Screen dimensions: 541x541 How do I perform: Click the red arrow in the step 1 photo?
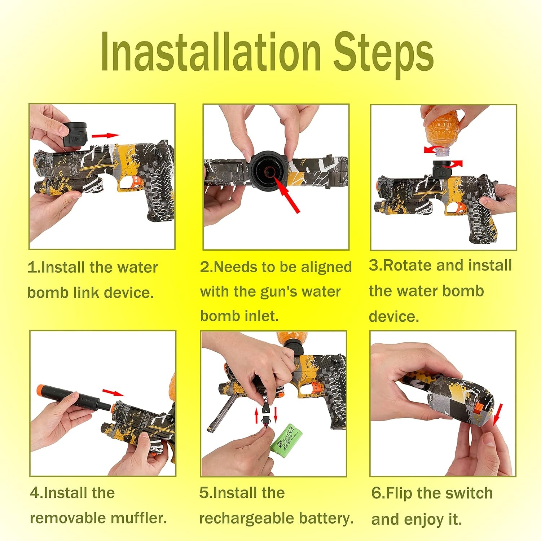[x=105, y=135]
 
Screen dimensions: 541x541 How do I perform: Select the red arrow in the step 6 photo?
[x=497, y=415]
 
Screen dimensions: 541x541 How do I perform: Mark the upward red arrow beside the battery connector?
[x=257, y=415]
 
